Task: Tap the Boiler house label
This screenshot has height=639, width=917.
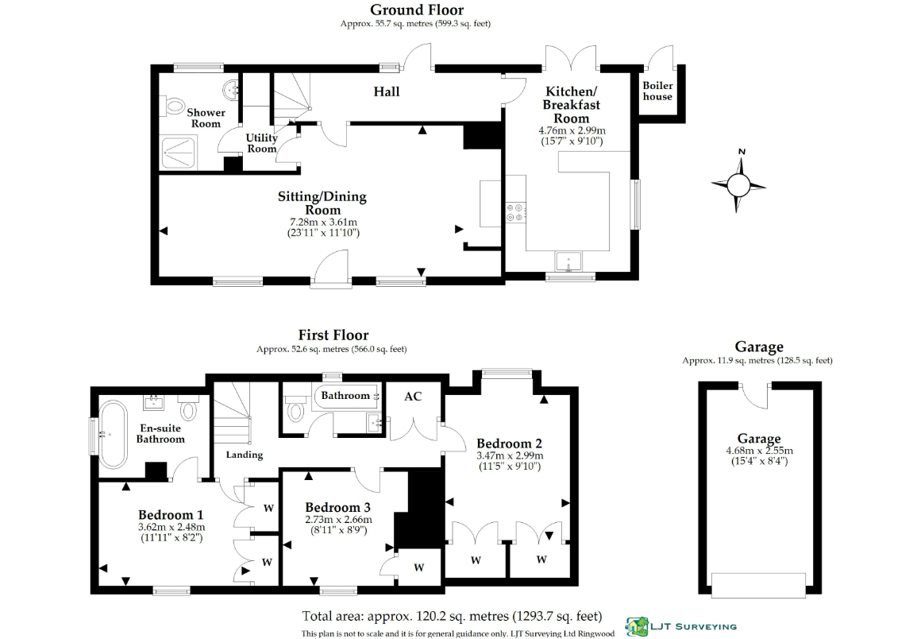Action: pos(657,91)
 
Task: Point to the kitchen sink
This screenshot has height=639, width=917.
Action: pos(568,261)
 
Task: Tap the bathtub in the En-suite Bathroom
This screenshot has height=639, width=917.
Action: pos(111,435)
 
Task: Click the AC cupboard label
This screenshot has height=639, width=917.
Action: pos(413,397)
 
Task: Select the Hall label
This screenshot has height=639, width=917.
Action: pos(387,91)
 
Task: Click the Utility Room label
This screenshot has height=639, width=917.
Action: pos(261,143)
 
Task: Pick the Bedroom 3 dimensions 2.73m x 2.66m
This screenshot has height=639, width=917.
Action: pos(338,520)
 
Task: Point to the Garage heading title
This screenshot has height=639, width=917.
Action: pos(759,347)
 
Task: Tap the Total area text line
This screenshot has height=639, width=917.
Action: pos(452,616)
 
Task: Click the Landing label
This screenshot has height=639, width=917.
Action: pos(245,455)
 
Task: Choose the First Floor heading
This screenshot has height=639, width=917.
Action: pos(333,335)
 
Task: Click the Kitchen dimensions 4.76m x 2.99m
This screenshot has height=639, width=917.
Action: pos(572,130)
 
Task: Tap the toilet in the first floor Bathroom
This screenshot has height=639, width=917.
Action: pos(295,409)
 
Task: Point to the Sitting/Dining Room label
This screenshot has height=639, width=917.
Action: pos(322,203)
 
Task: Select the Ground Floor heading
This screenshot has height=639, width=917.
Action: pos(417,10)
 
